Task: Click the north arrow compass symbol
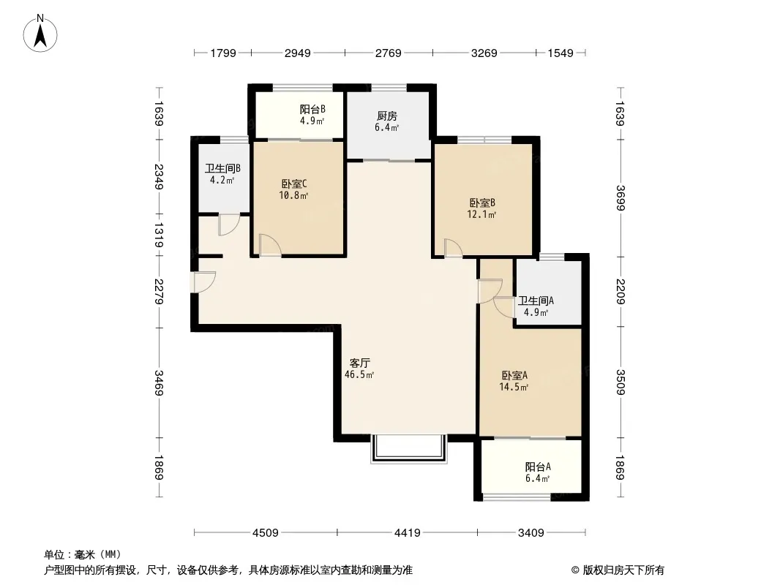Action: [40, 33]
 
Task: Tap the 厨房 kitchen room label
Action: [387, 116]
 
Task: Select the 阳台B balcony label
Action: [312, 110]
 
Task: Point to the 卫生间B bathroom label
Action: [223, 168]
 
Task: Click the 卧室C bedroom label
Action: [294, 184]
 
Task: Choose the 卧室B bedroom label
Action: [482, 203]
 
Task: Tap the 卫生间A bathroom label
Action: [536, 301]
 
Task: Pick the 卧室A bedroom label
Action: [514, 375]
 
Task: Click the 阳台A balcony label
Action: [538, 467]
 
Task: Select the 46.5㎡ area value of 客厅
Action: [359, 374]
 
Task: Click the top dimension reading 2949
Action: [298, 53]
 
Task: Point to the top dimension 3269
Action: [484, 53]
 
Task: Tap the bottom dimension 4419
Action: [408, 533]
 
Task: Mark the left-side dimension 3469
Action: [159, 382]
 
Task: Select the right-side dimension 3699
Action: [620, 198]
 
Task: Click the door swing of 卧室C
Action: [270, 246]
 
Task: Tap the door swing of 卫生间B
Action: [229, 224]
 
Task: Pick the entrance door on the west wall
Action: [203, 282]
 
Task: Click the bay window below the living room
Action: [409, 449]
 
